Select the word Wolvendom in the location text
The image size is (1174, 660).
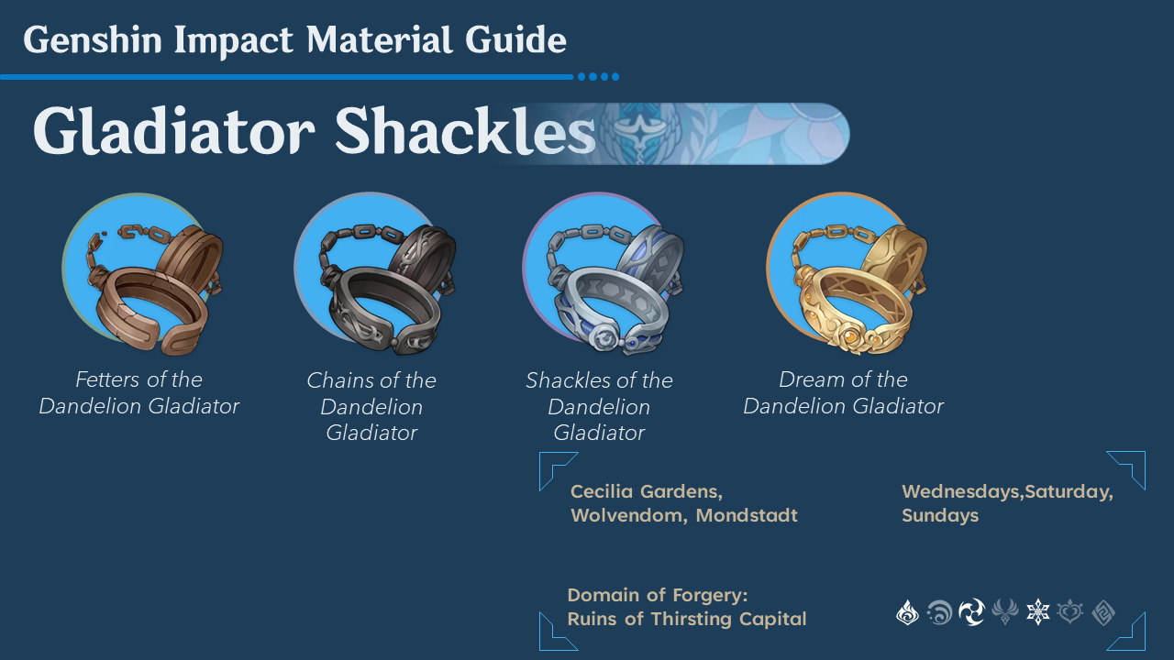coord(628,516)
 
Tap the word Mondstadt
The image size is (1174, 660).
coord(747,516)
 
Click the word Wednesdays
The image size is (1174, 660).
coord(960,492)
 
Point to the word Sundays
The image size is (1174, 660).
coord(940,516)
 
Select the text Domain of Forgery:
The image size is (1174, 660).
coord(658,595)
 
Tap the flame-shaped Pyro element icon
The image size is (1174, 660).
coord(907,612)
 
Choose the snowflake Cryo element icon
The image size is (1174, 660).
coord(1037,612)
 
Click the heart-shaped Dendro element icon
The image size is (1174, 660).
coord(1069,612)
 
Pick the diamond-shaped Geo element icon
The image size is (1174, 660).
coord(1102,612)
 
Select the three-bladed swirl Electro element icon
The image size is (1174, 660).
coord(971,612)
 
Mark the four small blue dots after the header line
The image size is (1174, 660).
coord(599,77)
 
